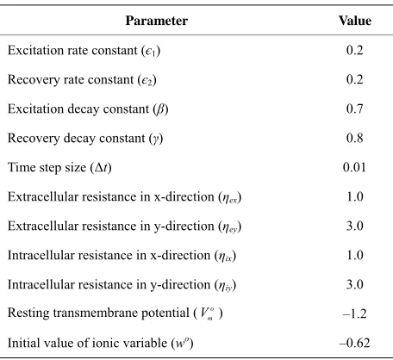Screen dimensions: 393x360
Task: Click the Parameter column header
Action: click(x=157, y=21)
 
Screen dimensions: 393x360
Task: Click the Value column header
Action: click(x=355, y=21)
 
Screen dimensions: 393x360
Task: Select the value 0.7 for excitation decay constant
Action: click(x=355, y=109)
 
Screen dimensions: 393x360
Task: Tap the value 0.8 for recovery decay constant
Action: click(x=355, y=138)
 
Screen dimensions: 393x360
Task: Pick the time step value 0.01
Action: click(x=354, y=167)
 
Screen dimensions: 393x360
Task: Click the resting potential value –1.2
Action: click(x=354, y=313)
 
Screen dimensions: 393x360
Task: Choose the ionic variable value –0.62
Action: click(x=354, y=343)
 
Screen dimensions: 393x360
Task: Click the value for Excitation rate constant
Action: click(x=355, y=50)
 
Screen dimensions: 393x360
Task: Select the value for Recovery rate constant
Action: click(x=355, y=79)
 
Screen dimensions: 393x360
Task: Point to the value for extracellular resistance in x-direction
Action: click(x=355, y=196)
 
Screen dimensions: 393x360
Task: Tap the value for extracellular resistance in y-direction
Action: click(x=355, y=226)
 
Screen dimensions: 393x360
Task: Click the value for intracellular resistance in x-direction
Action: click(x=355, y=255)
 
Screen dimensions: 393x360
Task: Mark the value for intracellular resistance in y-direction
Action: click(x=355, y=284)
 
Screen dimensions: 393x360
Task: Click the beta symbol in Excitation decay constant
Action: click(x=160, y=109)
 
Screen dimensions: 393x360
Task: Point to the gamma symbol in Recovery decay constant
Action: click(x=156, y=140)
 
